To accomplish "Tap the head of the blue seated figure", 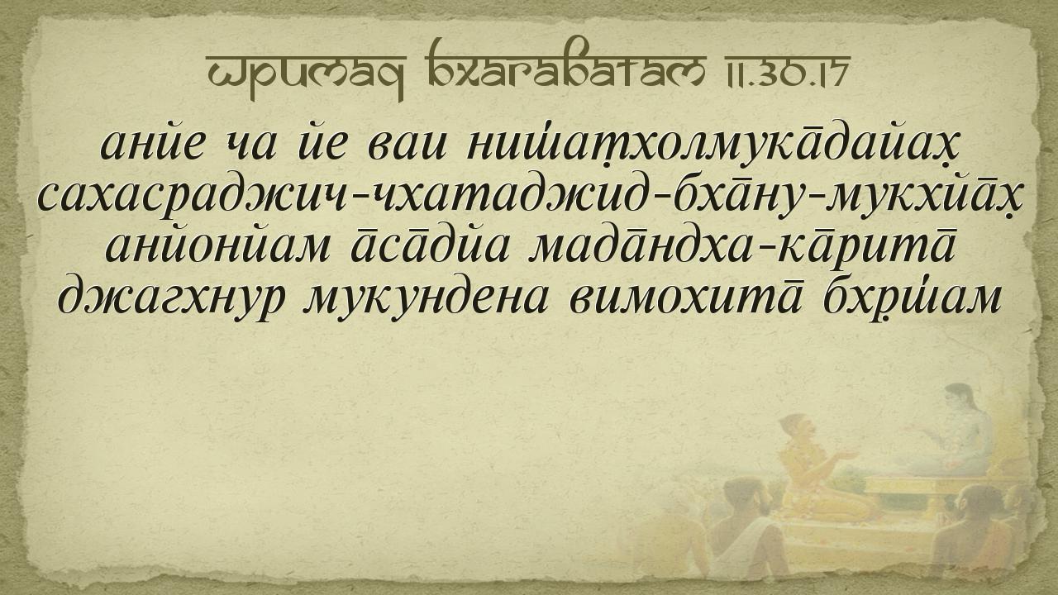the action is coord(962,398).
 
